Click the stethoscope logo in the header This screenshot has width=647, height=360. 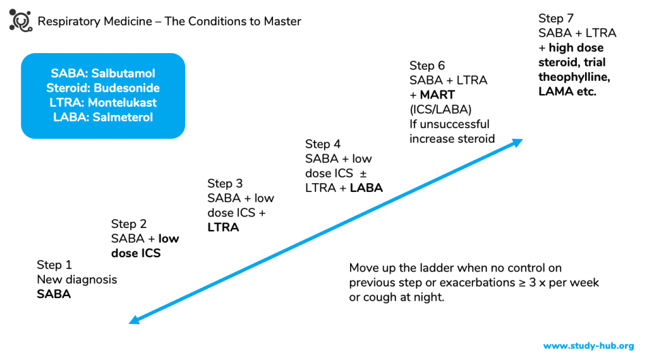click(x=21, y=21)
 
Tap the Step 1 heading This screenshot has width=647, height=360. click(x=54, y=265)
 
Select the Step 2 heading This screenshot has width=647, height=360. click(x=129, y=224)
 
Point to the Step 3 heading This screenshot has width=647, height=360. click(x=225, y=184)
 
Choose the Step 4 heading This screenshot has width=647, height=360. click(x=323, y=144)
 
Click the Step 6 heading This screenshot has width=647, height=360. click(x=427, y=66)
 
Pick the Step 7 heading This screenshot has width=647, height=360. click(x=556, y=18)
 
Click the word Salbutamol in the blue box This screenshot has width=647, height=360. click(x=123, y=73)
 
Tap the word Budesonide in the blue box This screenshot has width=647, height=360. click(x=126, y=88)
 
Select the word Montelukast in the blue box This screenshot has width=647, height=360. click(x=122, y=103)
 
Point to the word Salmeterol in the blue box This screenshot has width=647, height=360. click(x=123, y=117)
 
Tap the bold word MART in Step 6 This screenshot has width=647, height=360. click(x=437, y=95)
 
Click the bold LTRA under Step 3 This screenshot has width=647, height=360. click(x=223, y=227)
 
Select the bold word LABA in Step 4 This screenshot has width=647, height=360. click(x=366, y=188)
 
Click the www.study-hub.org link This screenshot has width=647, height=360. click(x=588, y=345)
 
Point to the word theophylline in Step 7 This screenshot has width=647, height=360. click(x=574, y=77)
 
